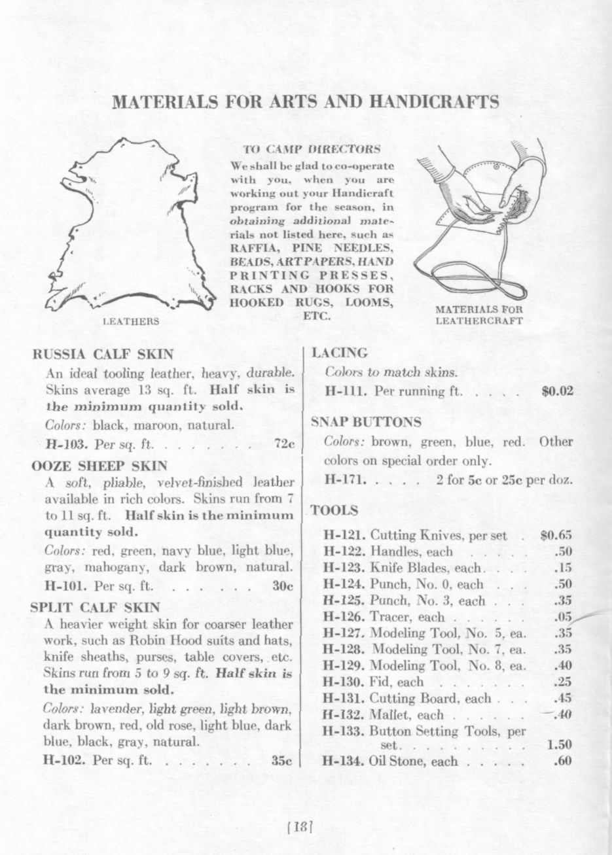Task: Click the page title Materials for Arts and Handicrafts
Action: (306, 102)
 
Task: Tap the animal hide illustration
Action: (131, 226)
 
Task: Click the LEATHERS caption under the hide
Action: (131, 321)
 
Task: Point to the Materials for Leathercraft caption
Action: (479, 315)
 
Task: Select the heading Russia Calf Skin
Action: (103, 355)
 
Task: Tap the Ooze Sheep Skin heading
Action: (99, 466)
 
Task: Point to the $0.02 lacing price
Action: (558, 393)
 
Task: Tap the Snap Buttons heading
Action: (366, 422)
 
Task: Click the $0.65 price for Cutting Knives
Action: (557, 536)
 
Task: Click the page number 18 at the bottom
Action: (302, 826)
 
